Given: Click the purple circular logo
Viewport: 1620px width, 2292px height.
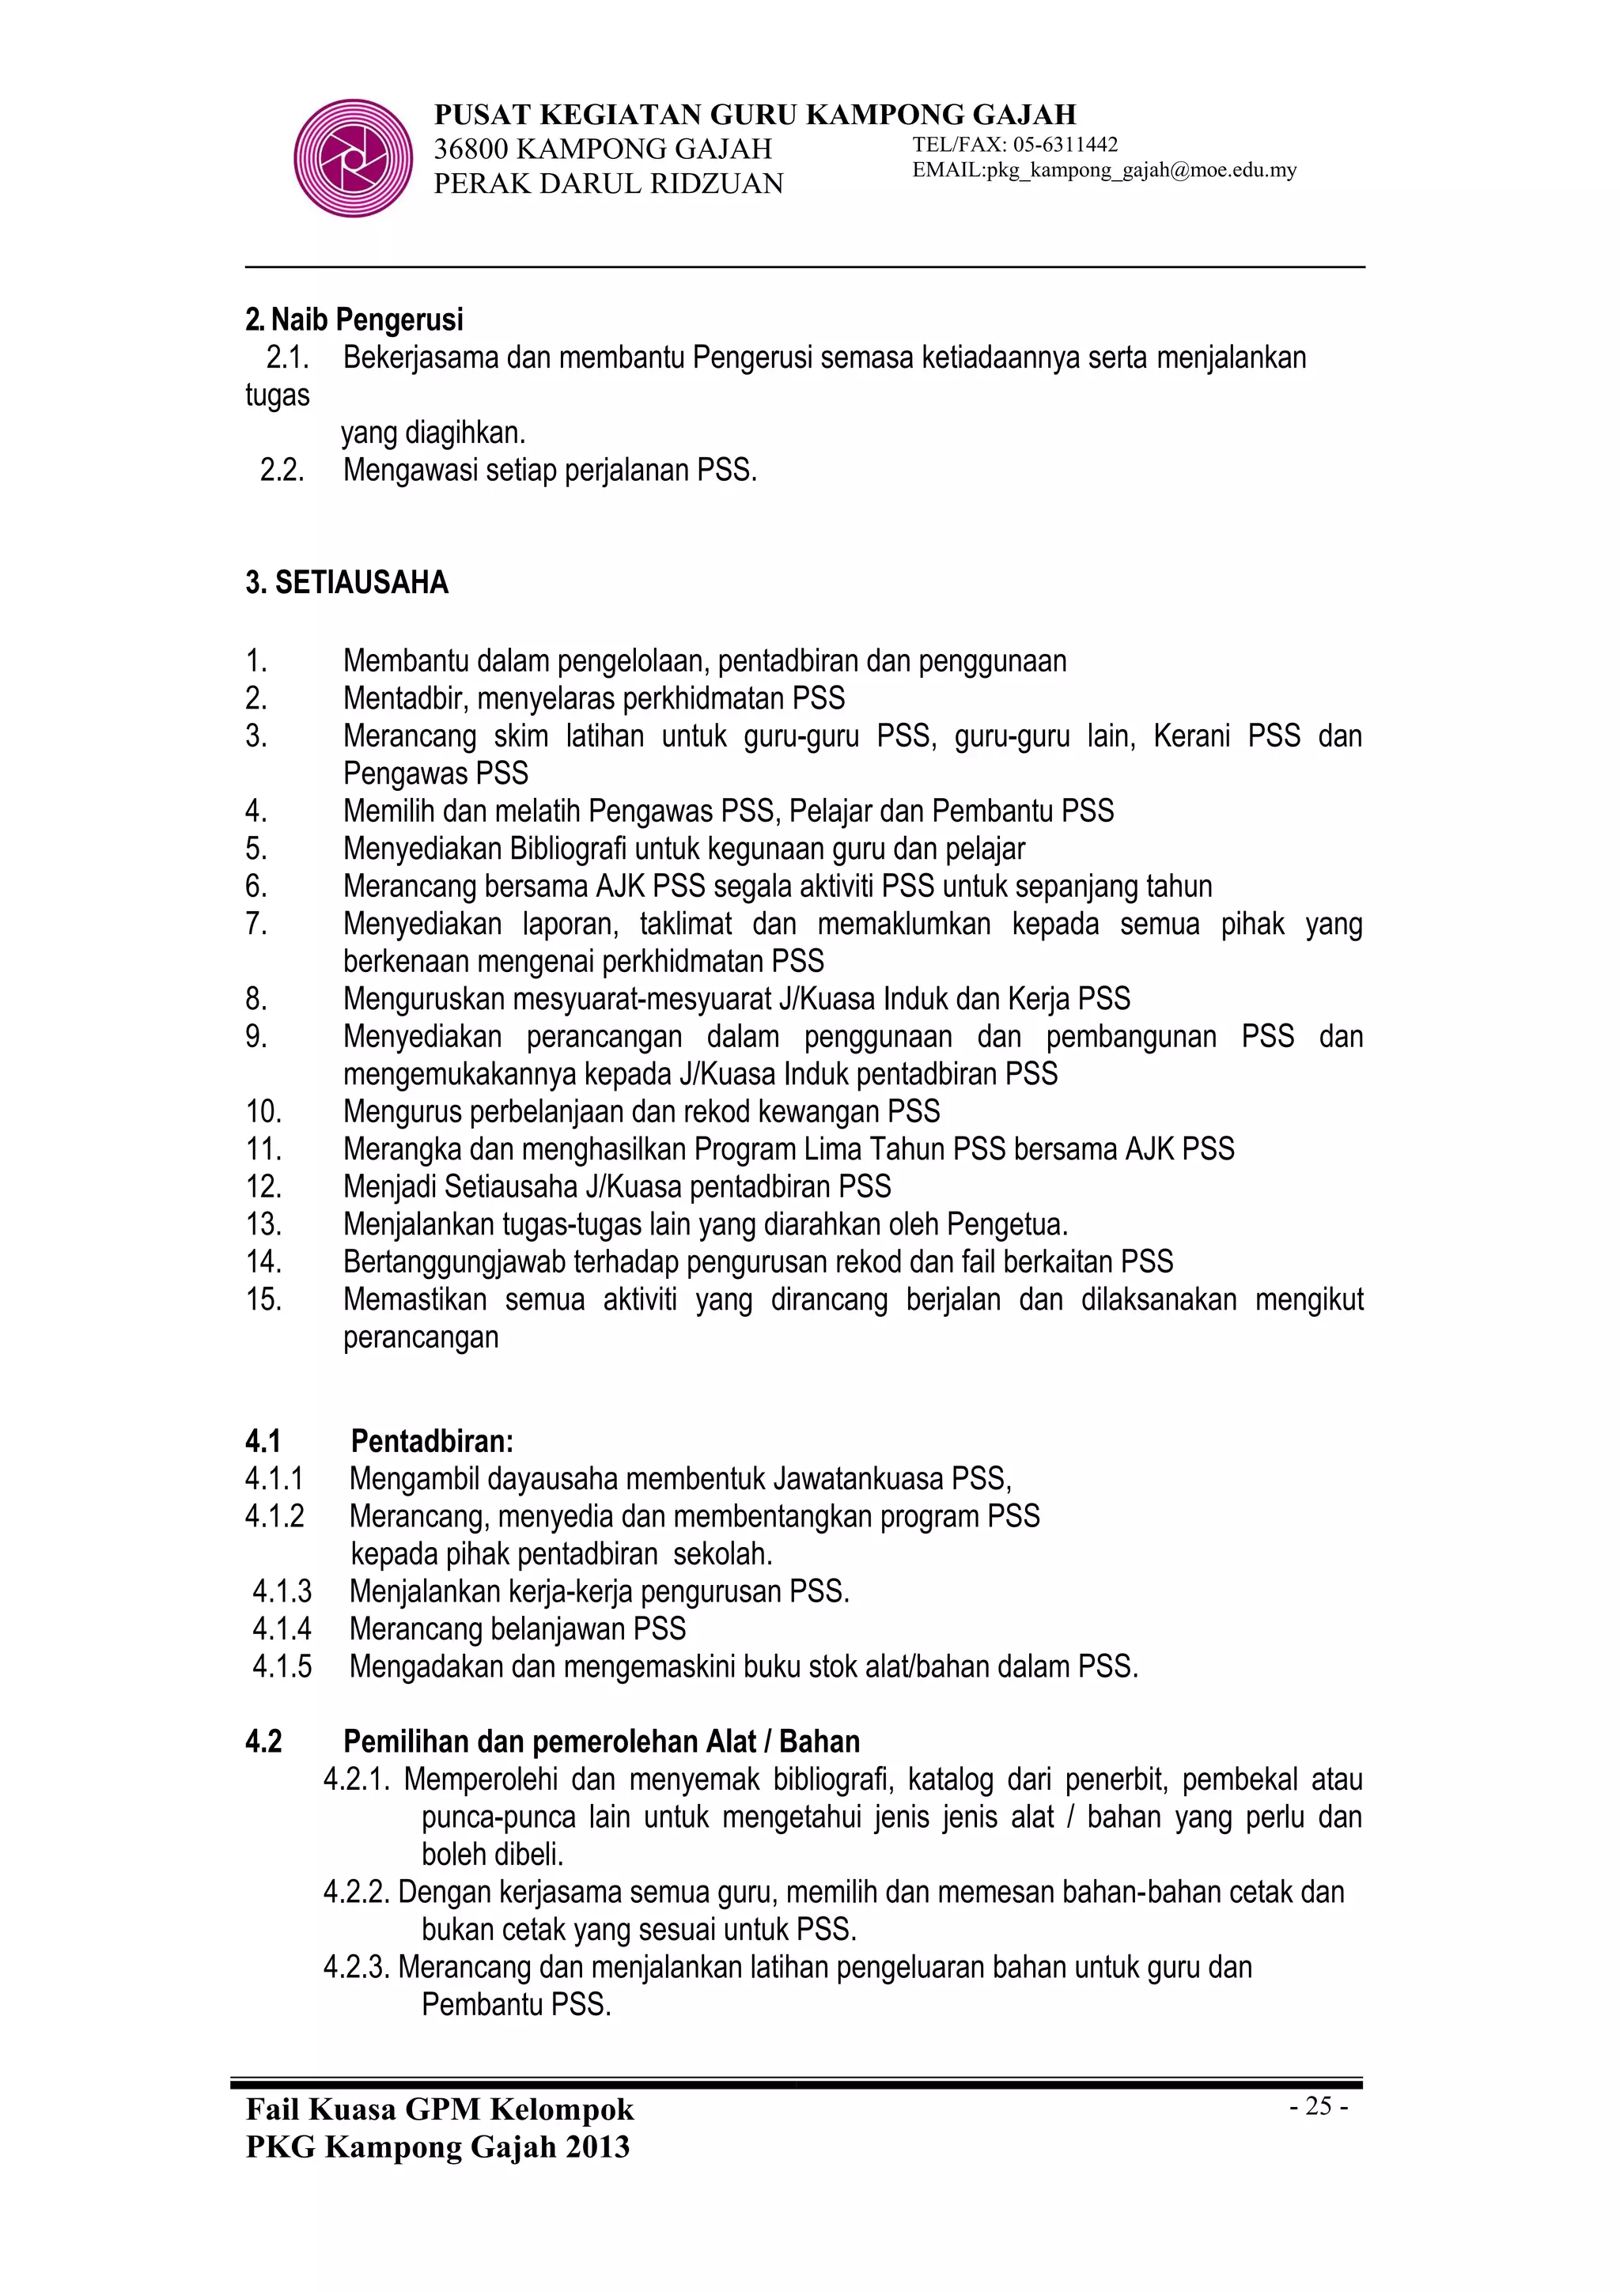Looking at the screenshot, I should pyautogui.click(x=352, y=157).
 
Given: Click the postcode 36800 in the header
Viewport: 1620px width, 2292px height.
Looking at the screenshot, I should pyautogui.click(x=471, y=149).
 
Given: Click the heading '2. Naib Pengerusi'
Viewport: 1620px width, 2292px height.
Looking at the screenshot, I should pyautogui.click(x=354, y=320).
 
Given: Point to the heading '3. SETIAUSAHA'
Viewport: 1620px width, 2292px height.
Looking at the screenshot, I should pyautogui.click(x=346, y=583).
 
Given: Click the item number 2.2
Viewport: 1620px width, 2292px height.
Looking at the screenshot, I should pyautogui.click(x=282, y=470).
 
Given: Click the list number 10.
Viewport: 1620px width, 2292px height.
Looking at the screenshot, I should pyautogui.click(x=263, y=1111).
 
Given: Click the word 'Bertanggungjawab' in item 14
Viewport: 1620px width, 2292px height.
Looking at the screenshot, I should pyautogui.click(x=455, y=1261).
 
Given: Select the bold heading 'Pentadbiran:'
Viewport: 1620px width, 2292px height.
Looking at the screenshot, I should pyautogui.click(x=432, y=1442).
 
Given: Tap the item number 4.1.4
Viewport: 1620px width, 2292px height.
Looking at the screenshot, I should pyautogui.click(x=282, y=1629).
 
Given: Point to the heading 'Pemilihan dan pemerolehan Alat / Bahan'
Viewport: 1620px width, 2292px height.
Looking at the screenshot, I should pyautogui.click(x=601, y=1742).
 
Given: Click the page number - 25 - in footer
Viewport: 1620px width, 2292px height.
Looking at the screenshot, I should pyautogui.click(x=1319, y=2105).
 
